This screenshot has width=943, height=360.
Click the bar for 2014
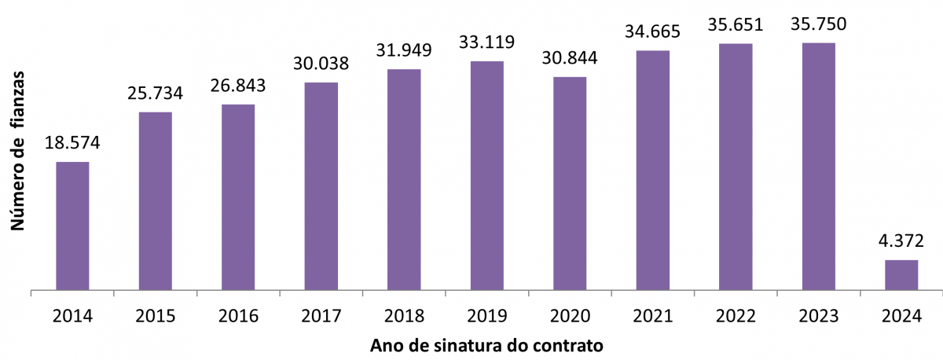point(72,226)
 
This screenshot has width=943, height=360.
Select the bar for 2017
point(321,186)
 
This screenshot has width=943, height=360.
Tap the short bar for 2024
point(901,274)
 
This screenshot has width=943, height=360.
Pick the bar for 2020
point(570,183)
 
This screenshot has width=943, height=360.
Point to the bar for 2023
point(818,166)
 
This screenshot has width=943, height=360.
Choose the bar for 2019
point(486,175)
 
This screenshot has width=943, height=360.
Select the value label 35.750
point(818,24)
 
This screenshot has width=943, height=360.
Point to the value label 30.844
point(570,58)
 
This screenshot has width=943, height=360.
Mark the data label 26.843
point(238,85)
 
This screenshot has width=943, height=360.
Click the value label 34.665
point(653,32)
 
